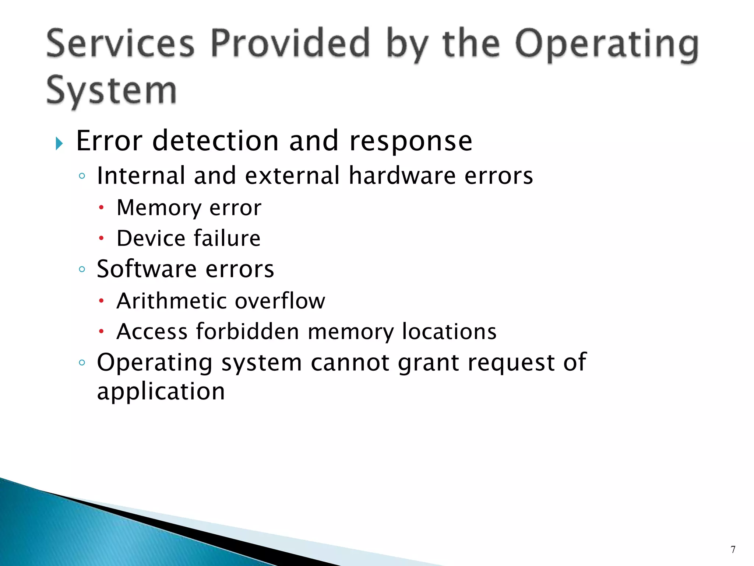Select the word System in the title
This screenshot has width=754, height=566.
tap(111, 91)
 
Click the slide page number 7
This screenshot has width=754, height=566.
tap(733, 549)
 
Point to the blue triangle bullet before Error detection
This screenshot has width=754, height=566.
tap(59, 143)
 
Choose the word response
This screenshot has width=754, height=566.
tap(411, 141)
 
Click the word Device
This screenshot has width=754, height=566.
tap(151, 238)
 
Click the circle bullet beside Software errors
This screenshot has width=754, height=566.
tap(82, 269)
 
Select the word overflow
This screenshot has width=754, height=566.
tap(280, 301)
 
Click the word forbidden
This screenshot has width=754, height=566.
tap(247, 331)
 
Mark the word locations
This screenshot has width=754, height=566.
tap(449, 331)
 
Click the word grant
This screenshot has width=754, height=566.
tap(429, 363)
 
